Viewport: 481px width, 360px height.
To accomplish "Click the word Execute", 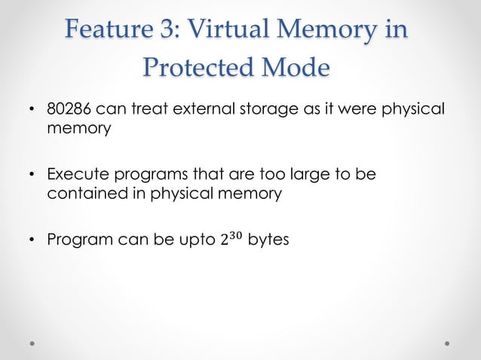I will (x=75, y=176).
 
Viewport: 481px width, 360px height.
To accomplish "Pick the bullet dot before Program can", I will (x=32, y=242).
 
